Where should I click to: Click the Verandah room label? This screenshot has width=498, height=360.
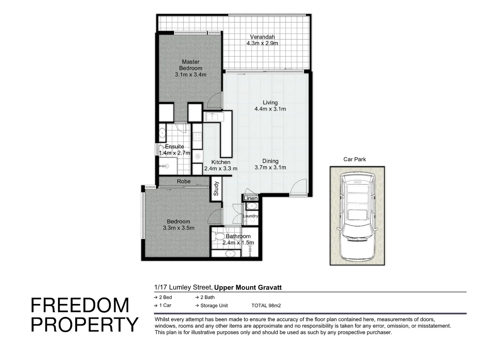[262, 37]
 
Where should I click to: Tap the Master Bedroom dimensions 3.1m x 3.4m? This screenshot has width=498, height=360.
[191, 75]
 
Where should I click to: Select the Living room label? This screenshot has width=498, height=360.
[270, 103]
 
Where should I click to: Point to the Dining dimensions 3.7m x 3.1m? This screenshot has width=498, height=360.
[270, 167]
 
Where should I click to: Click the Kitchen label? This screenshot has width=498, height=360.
[221, 162]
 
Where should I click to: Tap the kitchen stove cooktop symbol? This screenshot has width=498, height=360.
[197, 136]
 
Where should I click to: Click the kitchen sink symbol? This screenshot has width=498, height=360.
[212, 117]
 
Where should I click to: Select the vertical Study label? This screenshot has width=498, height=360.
[216, 189]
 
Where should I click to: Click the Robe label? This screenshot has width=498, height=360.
[184, 181]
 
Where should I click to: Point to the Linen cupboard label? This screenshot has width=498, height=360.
[250, 198]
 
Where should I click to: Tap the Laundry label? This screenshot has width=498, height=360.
[250, 216]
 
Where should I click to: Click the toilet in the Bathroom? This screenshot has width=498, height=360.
[218, 236]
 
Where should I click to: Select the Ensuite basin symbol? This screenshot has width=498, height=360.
[162, 133]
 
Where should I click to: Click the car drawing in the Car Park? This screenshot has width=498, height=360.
[357, 216]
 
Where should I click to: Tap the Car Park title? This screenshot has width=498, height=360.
[354, 159]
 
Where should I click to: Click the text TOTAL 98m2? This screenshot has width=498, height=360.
[266, 305]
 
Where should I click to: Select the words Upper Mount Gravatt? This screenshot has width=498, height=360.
[248, 287]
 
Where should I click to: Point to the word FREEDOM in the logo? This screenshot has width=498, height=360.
[80, 305]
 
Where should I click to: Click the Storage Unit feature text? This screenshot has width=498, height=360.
[214, 305]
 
